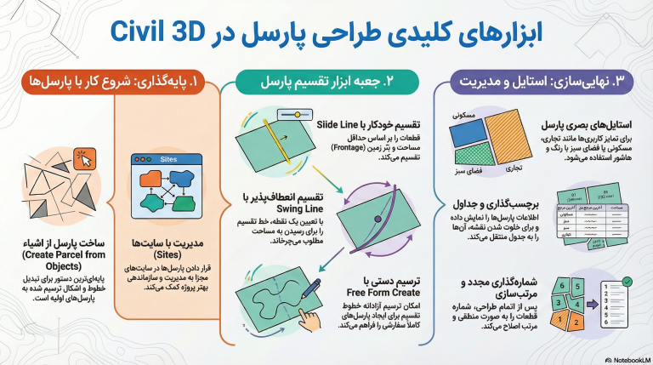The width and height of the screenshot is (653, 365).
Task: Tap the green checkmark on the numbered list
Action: (x=627, y=282)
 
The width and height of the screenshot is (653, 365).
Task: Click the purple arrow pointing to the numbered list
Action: (x=593, y=302)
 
